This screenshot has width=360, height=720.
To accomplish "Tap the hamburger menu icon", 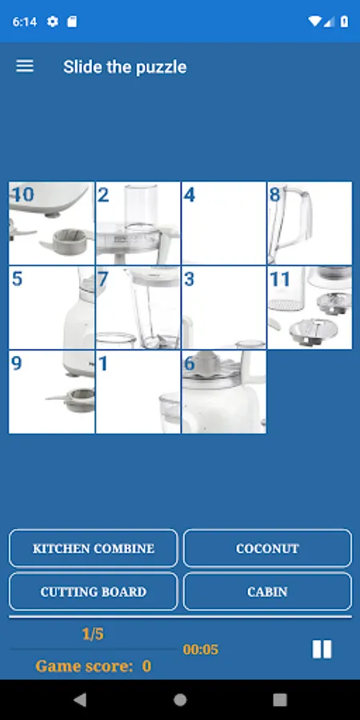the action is point(25,66).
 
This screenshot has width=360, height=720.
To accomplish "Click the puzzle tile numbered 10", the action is point(51,223).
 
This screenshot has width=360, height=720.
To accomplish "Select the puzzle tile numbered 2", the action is point(138,223).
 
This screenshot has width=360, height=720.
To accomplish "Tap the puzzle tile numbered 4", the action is point(224,223).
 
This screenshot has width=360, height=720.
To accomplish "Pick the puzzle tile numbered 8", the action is point(310,223).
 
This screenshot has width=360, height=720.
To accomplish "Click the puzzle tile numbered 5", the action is point(51,308).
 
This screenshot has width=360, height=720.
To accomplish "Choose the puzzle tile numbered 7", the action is point(138,308).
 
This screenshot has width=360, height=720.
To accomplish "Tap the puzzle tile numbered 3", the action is point(224,308).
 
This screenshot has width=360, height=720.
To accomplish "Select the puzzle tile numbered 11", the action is point(310,308).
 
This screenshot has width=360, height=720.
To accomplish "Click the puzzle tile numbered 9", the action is point(51,392).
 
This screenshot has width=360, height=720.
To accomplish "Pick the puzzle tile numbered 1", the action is point(138,392).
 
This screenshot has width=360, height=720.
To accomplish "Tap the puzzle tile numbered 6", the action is point(224,392).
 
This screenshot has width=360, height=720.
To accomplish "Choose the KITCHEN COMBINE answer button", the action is point(94,548).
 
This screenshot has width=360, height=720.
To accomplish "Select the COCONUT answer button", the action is point(267,548).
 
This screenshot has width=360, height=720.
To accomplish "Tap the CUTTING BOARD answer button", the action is point(94,591).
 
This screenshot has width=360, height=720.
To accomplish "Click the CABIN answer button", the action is point(267,591).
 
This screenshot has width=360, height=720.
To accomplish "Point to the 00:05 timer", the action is point(201,650).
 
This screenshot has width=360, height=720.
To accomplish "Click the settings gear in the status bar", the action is point(53,22).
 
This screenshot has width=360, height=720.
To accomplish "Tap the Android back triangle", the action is point(80,699).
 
